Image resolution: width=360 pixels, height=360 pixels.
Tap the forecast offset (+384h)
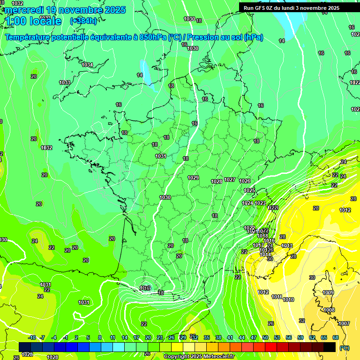click(x=83, y=21)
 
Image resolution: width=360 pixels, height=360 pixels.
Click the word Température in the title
click(x=29, y=37)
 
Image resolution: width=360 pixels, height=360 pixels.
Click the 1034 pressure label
click(x=87, y=65)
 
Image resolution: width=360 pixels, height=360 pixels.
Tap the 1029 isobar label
click(x=193, y=178)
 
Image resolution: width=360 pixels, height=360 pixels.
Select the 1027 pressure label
click(x=230, y=180)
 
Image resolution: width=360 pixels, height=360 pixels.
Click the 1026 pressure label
click(x=245, y=181)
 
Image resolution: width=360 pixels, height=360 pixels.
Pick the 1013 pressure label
click(x=287, y=246)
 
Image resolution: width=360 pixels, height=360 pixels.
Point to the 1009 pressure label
click(x=328, y=292)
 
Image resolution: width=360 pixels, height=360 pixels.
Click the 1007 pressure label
click(x=344, y=323)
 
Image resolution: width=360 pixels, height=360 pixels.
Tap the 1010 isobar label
click(x=289, y=300)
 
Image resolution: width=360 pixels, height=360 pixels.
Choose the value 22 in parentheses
click(x=274, y=207)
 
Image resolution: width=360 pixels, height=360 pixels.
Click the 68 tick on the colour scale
click(x=336, y=337)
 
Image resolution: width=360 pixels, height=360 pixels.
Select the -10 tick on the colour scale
click(x=32, y=337)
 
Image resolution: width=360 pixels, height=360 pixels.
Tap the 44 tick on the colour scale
click(x=242, y=337)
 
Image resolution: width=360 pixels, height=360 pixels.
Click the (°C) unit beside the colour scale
click(x=344, y=347)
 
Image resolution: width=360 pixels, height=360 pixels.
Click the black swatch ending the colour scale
click(x=330, y=347)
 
